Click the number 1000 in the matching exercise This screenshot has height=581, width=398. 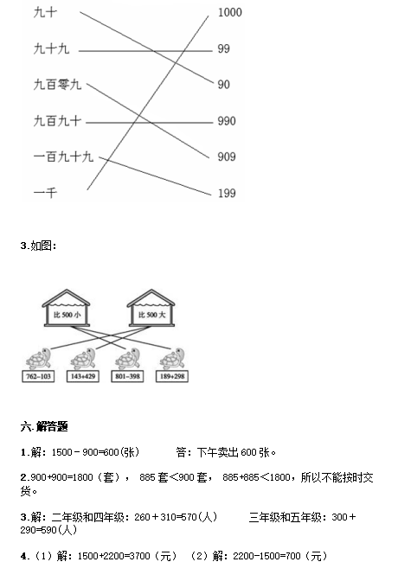coord(230,12)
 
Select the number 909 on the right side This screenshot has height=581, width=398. coord(227,156)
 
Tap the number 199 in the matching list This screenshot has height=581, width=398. coord(227,193)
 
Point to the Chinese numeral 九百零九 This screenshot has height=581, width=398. coord(57,85)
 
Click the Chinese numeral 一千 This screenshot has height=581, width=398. coord(45,193)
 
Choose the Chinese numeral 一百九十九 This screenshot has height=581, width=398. coord(63,156)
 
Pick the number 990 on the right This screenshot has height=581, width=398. coord(227,121)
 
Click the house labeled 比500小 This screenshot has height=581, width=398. coord(67,309)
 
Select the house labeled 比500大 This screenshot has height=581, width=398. coord(151,309)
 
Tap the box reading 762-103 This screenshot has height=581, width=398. coord(38,376)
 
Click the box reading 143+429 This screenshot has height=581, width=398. coord(83,376)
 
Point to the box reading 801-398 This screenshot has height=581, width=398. coord(127,376)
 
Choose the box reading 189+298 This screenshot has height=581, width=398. coord(172,376)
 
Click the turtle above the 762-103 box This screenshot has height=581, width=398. coord(38,359)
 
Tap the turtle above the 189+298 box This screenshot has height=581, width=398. coord(172,359)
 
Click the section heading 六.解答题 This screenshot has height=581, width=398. coord(44,427)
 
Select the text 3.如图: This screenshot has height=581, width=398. coord(39,246)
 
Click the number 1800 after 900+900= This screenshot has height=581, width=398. coord(82,477)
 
